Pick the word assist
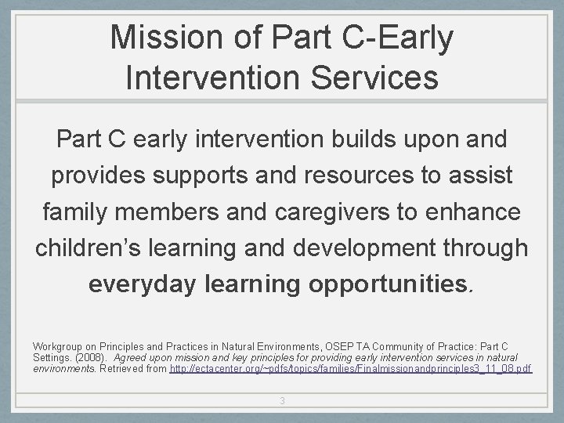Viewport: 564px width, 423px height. (x=484, y=176)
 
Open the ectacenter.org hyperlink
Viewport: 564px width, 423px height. (x=351, y=367)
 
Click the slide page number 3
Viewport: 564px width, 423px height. (x=282, y=401)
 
